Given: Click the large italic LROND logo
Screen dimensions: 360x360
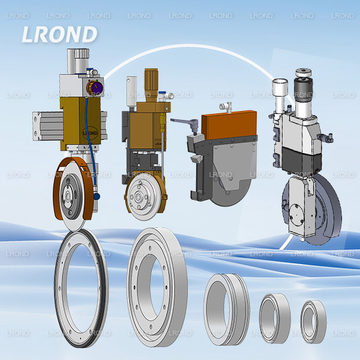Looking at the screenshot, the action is coord(59,34).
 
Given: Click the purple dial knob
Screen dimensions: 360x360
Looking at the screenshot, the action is coord(95,88).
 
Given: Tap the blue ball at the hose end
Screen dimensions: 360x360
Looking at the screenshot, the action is coord(97,196).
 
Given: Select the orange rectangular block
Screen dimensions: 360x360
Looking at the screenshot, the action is coord(229,125).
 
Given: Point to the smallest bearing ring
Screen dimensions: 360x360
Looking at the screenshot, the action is coord(313,322).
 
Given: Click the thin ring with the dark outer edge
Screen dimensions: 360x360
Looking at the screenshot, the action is coord(81,289).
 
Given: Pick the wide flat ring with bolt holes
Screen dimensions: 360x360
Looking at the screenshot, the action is coord(157,287).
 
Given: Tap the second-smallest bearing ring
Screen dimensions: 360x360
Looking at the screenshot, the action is coord(275,319).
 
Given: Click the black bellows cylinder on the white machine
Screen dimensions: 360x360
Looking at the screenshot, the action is coord(304,88).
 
